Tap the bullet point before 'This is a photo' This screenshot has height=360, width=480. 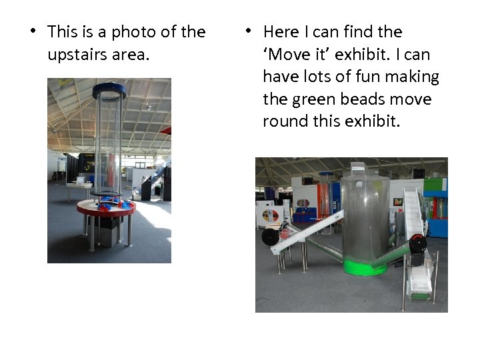point(31,32)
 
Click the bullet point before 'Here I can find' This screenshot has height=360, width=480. point(247,32)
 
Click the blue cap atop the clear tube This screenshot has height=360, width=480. point(109,89)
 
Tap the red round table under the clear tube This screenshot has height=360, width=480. point(106,208)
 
